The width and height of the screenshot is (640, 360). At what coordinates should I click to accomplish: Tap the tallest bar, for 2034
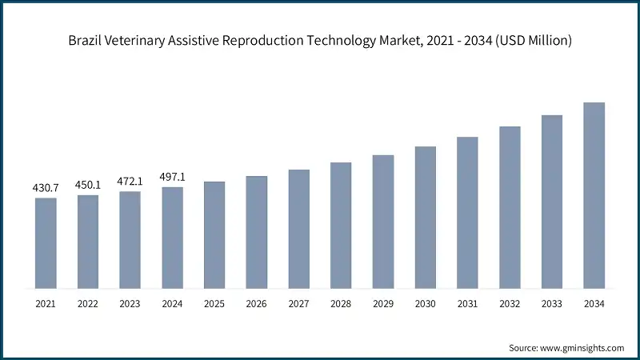pos(594,195)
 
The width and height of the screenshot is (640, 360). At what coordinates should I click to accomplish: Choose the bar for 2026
pos(256,232)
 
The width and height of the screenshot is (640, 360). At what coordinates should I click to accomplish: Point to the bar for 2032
pos(510,207)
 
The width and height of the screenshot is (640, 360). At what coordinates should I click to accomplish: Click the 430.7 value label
pos(46,187)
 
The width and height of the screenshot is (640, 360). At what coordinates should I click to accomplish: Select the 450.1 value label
pos(88,185)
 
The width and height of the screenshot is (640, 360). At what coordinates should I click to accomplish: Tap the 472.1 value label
pos(130,182)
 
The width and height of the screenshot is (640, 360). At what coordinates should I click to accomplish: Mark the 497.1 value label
pos(172,177)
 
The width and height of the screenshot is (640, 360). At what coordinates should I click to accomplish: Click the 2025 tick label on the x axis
pos(214,304)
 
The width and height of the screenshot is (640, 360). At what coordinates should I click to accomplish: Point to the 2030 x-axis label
pos(425,304)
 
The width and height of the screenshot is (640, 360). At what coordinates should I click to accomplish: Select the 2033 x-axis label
pos(551,304)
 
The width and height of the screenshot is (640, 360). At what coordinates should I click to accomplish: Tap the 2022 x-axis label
pos(88,304)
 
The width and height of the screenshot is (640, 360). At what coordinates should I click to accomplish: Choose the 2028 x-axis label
pos(341,304)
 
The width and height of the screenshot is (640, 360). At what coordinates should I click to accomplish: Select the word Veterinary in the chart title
pos(135,41)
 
